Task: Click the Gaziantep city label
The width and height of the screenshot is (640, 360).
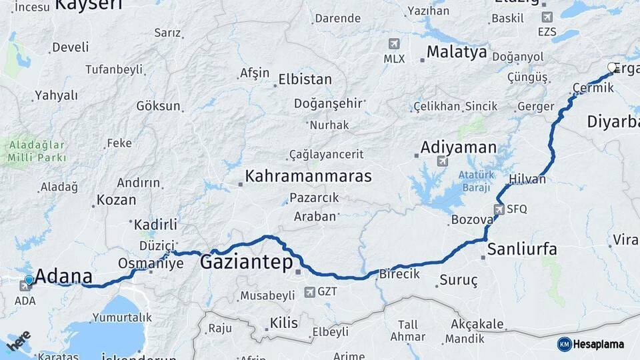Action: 246,263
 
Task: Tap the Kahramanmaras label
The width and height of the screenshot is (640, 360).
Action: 308,176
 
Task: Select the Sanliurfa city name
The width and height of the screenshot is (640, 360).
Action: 522,249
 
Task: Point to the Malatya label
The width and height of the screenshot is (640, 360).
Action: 457,52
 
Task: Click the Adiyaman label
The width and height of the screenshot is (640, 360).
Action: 458,147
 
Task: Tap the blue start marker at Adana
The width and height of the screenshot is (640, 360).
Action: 29,280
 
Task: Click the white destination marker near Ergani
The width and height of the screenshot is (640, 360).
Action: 612,67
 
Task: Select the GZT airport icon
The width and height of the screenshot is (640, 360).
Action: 309,292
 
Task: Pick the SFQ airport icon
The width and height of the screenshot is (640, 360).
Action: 499,209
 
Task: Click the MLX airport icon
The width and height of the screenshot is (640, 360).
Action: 394,44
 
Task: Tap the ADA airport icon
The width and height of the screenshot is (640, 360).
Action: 25,287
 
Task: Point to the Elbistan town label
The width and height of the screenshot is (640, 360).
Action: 305,79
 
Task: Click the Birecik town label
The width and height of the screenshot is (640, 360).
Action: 399,273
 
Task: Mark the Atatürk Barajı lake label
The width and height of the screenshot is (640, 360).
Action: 474,181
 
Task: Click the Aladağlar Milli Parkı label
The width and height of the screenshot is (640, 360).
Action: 37,151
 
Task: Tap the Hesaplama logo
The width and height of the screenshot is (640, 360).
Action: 591,344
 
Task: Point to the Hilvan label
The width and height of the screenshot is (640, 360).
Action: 527,179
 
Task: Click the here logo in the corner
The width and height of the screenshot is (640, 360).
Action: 19,341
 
